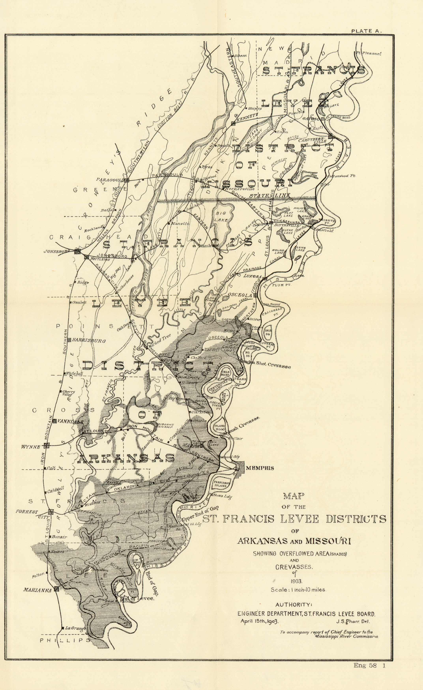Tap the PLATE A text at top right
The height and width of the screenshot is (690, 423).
click(x=366, y=31)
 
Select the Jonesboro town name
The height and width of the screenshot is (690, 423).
click(x=56, y=251)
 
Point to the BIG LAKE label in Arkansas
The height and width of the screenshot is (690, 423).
click(x=222, y=216)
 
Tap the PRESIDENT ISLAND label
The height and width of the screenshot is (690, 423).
click(x=222, y=484)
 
